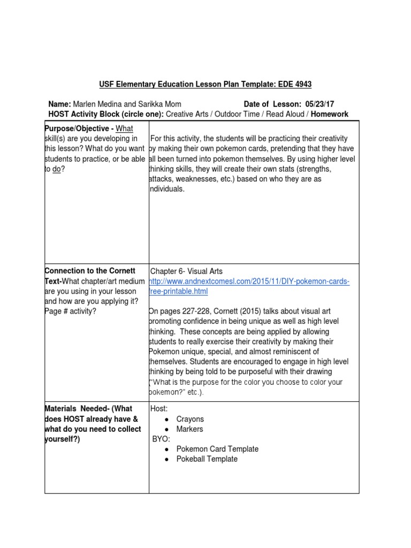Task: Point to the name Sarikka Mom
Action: coord(159,104)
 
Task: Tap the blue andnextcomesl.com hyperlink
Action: coord(250,281)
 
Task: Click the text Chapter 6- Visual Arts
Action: coord(186,271)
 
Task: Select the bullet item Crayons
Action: coord(190,419)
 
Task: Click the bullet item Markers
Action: coord(189,429)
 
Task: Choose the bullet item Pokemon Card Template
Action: coord(217,449)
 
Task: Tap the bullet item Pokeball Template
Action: coord(207,459)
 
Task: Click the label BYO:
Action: coord(161,439)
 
